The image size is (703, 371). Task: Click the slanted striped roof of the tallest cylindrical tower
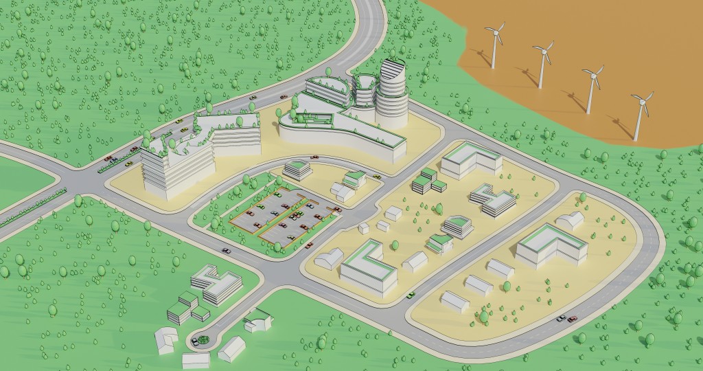pyautogui.click(x=393, y=69)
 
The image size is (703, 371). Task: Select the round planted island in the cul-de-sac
pyautogui.click(x=200, y=339)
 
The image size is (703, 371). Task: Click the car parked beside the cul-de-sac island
pyautogui.click(x=194, y=340)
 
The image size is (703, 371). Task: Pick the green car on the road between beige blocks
pyautogui.click(x=411, y=295)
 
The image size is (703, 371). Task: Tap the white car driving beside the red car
pyautogui.click(x=562, y=319)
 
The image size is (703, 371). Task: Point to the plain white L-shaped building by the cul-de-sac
pyautogui.click(x=165, y=340)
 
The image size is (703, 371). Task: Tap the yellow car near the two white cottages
pyautogui.click(x=376, y=177)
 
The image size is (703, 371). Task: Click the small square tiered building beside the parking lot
pyautogui.click(x=297, y=168)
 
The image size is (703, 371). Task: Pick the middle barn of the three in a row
pyautogui.click(x=479, y=284)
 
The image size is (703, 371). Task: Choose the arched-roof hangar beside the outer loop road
pyautogui.click(x=570, y=220)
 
